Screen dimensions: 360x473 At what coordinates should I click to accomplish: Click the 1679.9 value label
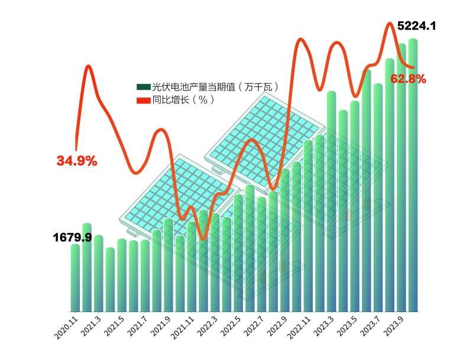[72, 238]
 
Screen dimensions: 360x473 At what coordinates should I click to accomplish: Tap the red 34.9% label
[76, 160]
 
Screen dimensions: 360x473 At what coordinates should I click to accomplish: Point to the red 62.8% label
[408, 79]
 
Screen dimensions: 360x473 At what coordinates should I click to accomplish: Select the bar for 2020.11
[75, 278]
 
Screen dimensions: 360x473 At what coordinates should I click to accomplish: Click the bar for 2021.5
[121, 275]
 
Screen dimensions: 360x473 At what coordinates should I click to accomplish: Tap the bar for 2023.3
[331, 201]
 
